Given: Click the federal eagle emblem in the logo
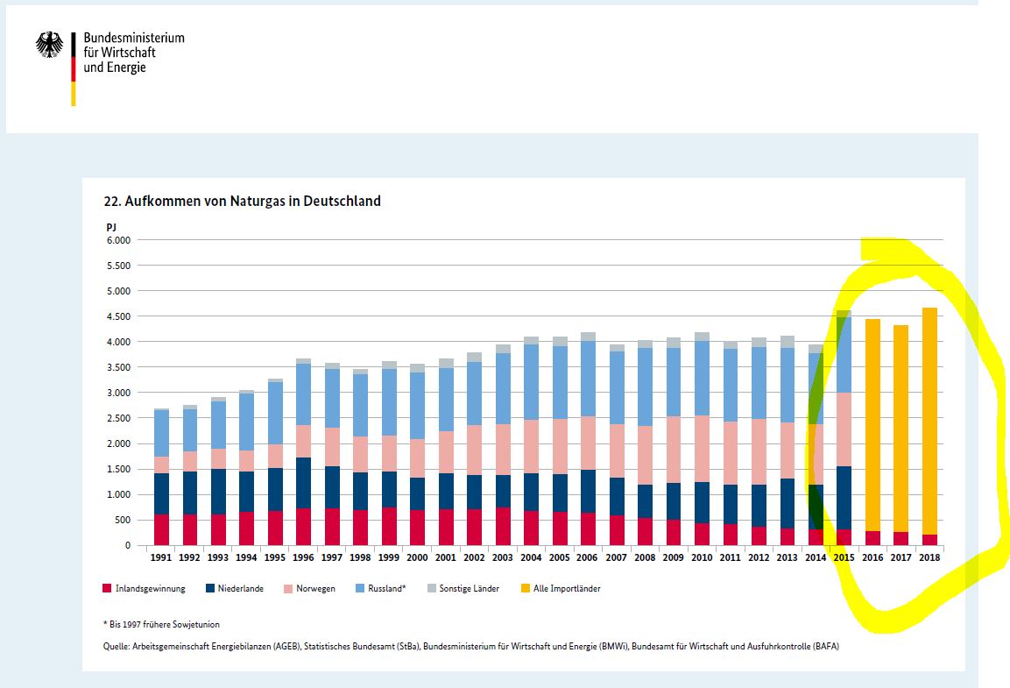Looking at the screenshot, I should (x=49, y=45).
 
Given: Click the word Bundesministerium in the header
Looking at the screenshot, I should (x=134, y=39).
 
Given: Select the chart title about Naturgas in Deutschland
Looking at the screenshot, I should (x=242, y=201).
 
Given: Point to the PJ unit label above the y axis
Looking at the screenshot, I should (x=111, y=227).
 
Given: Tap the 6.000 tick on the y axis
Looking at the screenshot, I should (x=117, y=240).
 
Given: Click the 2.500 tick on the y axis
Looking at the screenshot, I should (x=117, y=418).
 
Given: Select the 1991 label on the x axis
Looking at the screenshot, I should (x=161, y=557).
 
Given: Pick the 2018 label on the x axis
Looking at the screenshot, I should (x=930, y=557).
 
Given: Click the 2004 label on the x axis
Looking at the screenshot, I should (x=531, y=557).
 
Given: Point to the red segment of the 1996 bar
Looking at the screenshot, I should (x=303, y=526).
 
